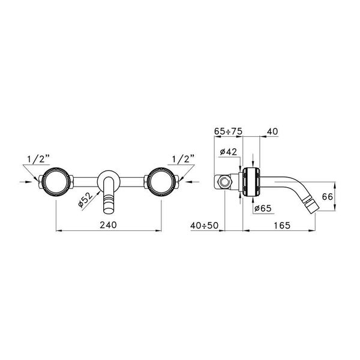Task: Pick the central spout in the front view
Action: click(x=109, y=195)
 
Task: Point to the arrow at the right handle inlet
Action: click(x=188, y=180)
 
